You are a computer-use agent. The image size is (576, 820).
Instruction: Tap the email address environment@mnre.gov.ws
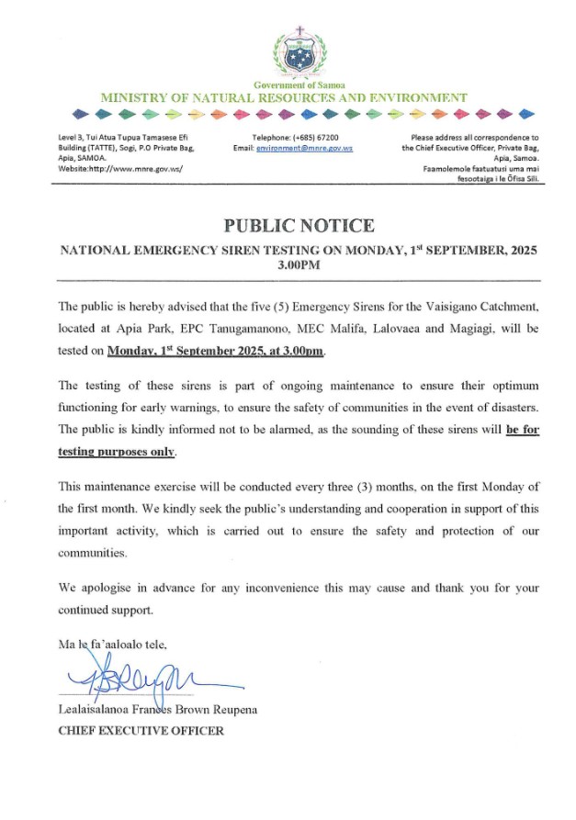tap(305, 147)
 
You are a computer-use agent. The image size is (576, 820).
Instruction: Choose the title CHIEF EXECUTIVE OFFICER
tap(141, 731)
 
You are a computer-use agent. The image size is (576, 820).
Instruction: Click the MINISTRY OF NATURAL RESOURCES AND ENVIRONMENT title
tap(284, 97)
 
